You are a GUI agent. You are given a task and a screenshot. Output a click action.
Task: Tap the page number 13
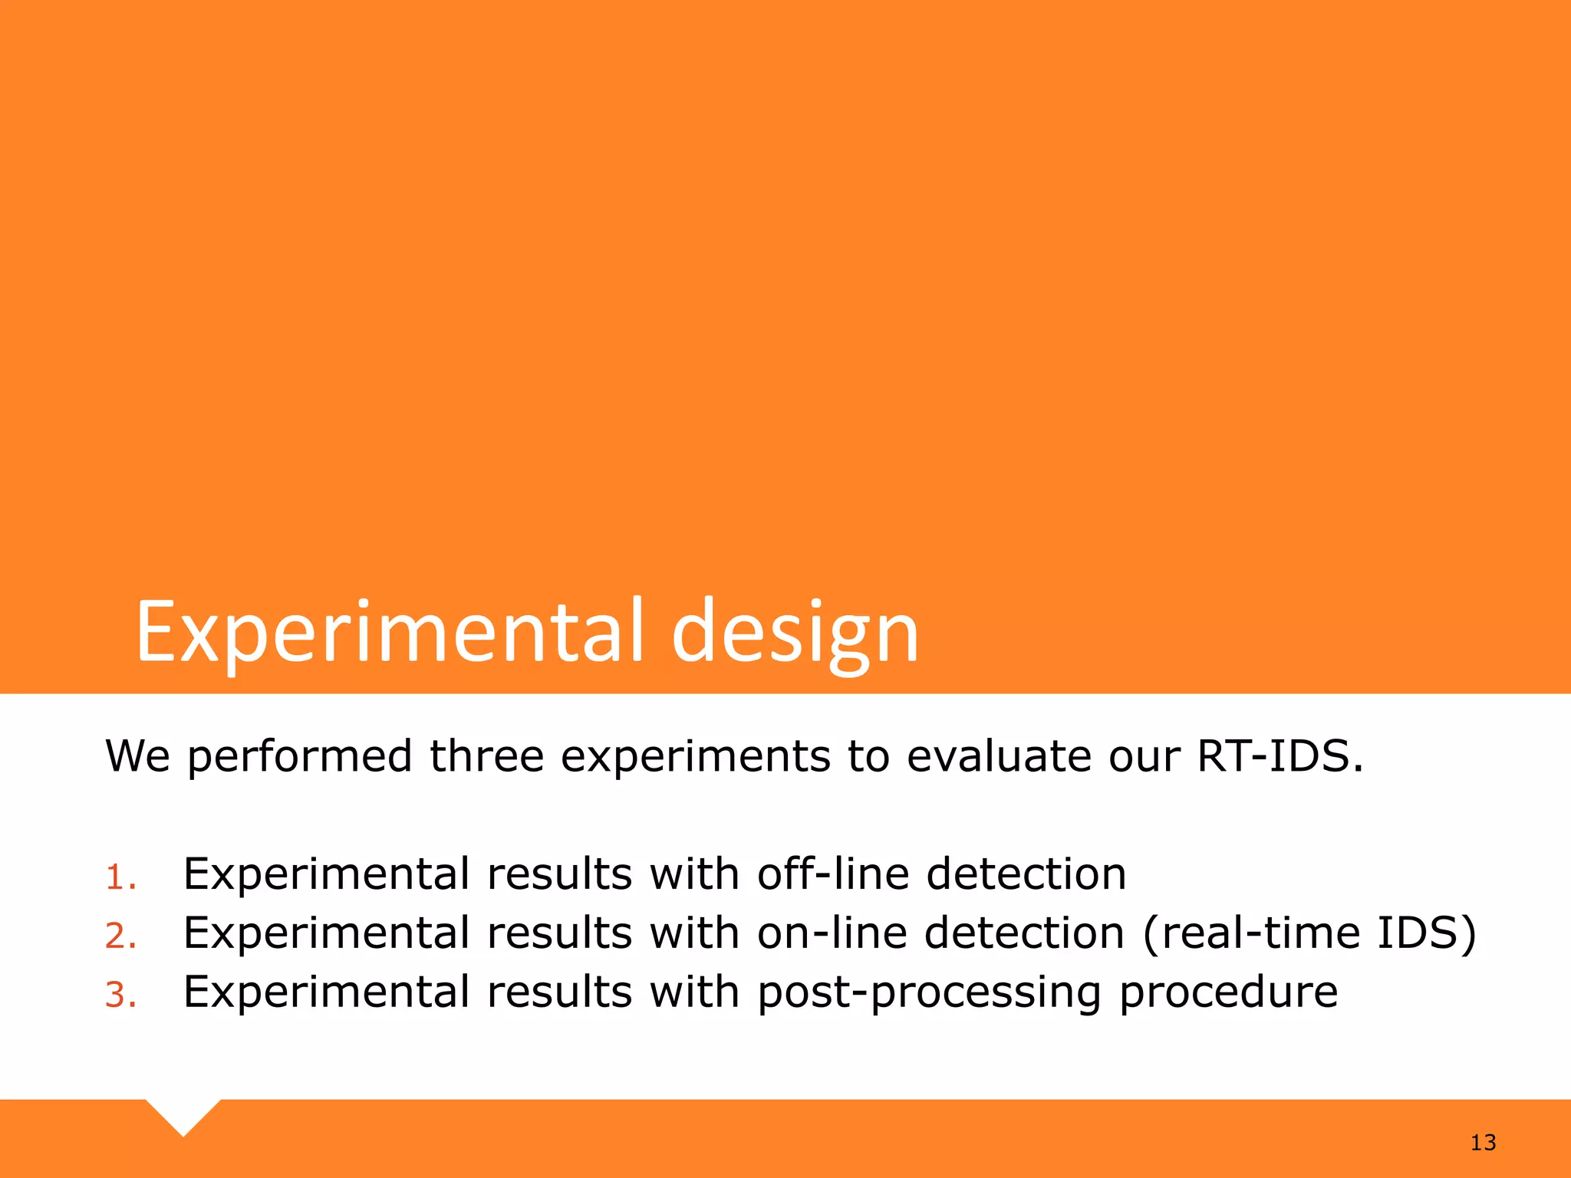tap(1483, 1143)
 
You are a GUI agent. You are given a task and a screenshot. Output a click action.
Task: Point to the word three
tap(486, 756)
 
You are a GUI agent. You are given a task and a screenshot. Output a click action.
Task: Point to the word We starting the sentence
tap(137, 756)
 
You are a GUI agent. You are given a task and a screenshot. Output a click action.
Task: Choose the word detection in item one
tap(1026, 874)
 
